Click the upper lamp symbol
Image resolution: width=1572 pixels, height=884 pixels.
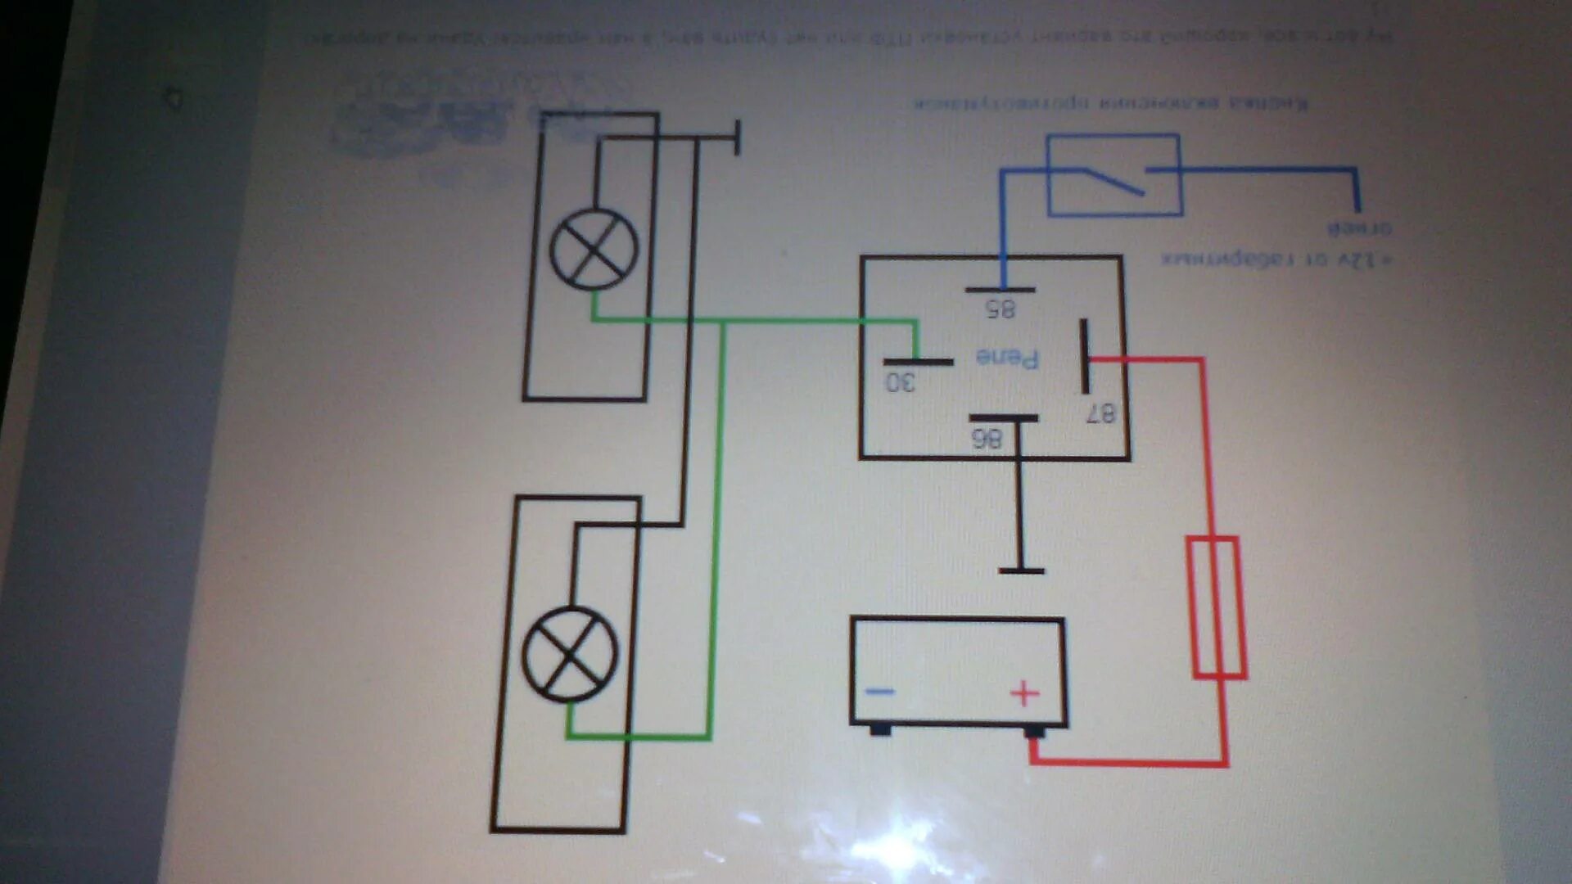pyautogui.click(x=594, y=249)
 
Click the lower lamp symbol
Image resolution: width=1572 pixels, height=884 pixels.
pyautogui.click(x=570, y=654)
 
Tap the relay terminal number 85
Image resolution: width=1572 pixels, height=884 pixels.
pyautogui.click(x=1000, y=309)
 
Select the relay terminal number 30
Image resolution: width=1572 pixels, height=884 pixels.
pyautogui.click(x=901, y=382)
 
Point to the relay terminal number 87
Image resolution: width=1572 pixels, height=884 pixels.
pyautogui.click(x=1101, y=413)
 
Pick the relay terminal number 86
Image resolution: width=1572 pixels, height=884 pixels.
pyautogui.click(x=987, y=440)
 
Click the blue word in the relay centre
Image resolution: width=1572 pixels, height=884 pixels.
pyautogui.click(x=1008, y=358)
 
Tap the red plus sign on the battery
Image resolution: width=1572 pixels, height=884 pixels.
pyautogui.click(x=1024, y=694)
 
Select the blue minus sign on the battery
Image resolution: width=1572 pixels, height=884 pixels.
pyautogui.click(x=879, y=692)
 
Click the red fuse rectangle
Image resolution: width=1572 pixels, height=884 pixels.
pyautogui.click(x=1217, y=607)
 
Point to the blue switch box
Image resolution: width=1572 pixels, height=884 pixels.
pyautogui.click(x=1114, y=175)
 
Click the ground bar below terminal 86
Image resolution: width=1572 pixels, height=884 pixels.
pyautogui.click(x=1021, y=571)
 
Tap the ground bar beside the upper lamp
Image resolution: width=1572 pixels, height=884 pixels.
pyautogui.click(x=738, y=138)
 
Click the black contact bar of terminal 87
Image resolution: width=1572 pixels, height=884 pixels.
pyautogui.click(x=1085, y=357)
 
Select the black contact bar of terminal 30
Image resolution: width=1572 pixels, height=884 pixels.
pyautogui.click(x=918, y=362)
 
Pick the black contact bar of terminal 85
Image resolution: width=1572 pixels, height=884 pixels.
pyautogui.click(x=1001, y=290)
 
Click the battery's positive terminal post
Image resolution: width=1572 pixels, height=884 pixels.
pyautogui.click(x=1035, y=730)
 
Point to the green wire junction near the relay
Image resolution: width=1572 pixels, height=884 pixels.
pyautogui.click(x=723, y=322)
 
